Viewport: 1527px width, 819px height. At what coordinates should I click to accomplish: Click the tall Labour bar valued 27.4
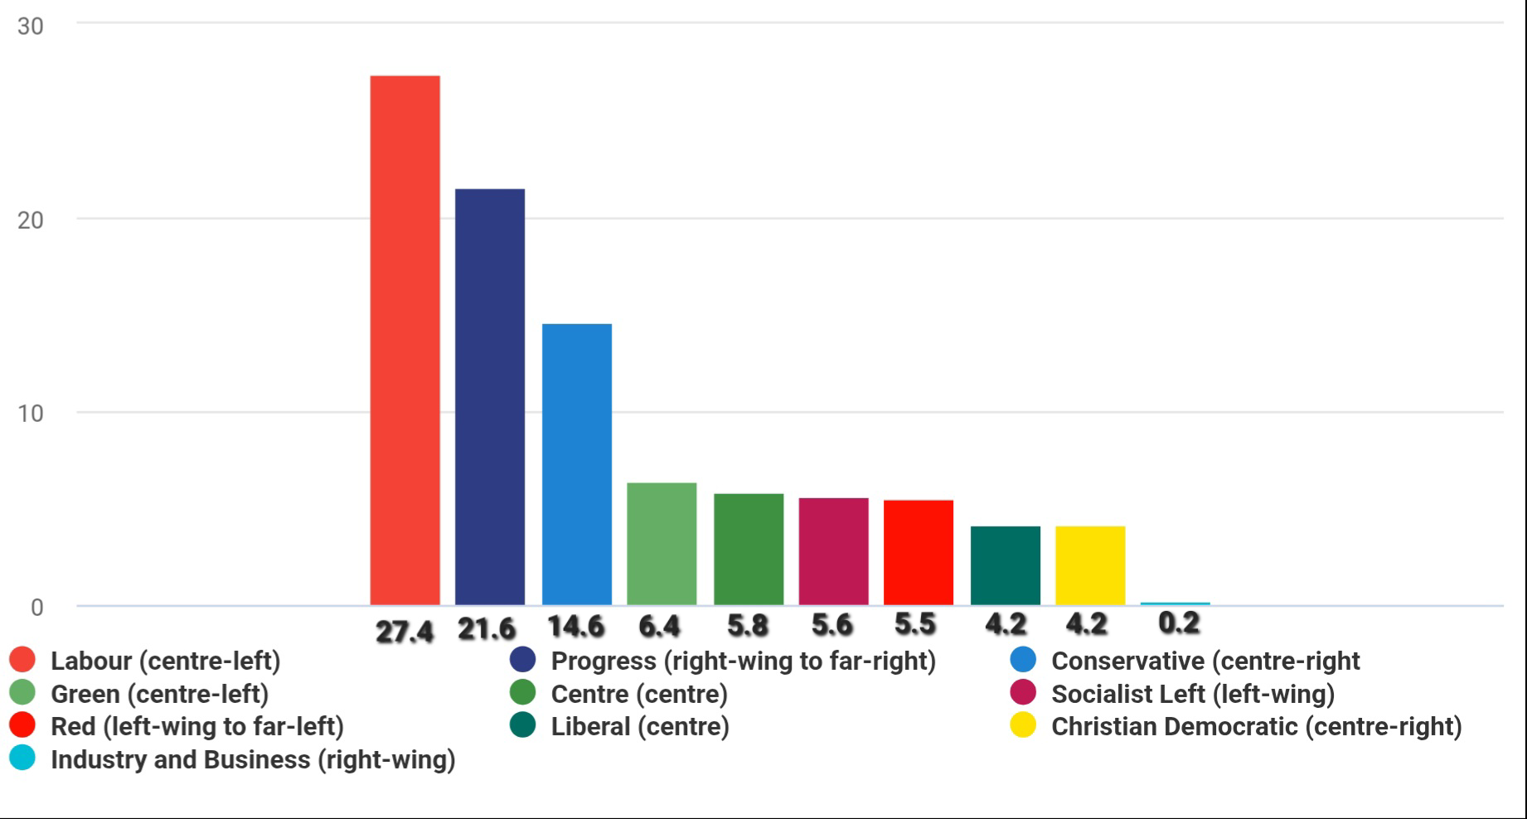405,340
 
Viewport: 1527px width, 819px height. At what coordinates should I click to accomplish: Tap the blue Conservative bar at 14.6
577,464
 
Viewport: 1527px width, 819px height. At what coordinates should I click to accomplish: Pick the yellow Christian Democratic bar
1090,565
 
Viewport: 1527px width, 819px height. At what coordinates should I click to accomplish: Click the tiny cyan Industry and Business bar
1175,603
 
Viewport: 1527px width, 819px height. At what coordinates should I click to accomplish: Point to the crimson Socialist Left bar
833,551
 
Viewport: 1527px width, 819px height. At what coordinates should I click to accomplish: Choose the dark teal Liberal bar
1005,565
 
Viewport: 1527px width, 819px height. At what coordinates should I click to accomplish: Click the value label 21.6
487,629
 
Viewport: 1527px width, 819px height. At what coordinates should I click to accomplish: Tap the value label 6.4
659,626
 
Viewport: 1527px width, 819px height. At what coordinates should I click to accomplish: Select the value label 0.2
1179,623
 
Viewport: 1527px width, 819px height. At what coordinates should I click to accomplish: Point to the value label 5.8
747,626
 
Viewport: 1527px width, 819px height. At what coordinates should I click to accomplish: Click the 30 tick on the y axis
30,27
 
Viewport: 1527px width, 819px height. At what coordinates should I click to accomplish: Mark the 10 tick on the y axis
30,413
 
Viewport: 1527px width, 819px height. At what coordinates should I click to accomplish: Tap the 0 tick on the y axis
36,608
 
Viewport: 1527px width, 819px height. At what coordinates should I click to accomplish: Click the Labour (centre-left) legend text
166,661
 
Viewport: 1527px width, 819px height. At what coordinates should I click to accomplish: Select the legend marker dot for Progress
522,660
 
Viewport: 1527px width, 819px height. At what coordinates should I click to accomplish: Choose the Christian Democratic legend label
1256,726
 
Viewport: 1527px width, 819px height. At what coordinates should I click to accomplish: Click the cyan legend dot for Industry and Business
22,758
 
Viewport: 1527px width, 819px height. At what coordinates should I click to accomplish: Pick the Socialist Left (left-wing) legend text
1193,694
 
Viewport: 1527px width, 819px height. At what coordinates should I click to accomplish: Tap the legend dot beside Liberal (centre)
522,725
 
